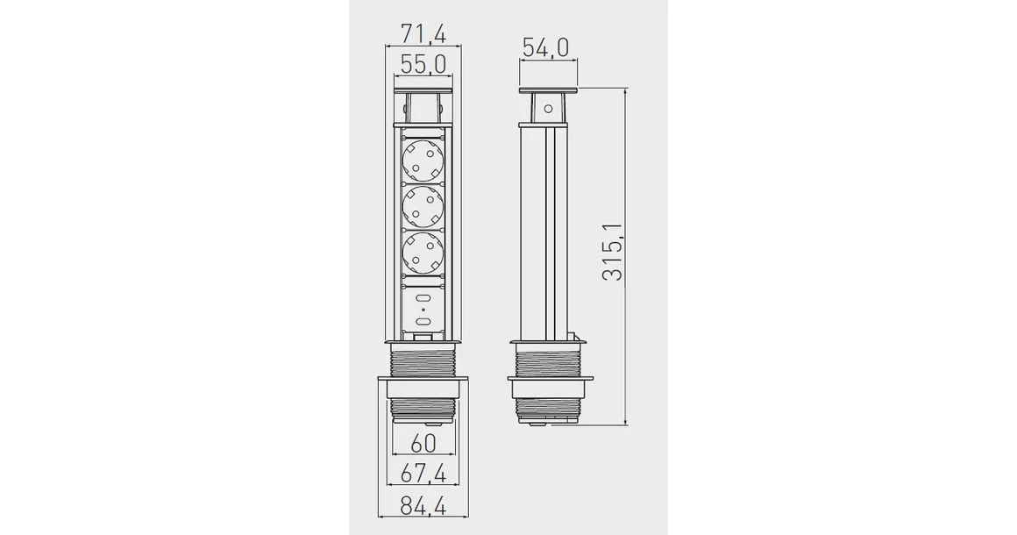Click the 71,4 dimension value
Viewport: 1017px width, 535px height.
(423, 34)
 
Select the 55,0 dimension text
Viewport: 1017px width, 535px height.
(423, 64)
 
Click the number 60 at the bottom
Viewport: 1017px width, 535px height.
(423, 443)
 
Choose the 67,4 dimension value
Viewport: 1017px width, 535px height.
(423, 473)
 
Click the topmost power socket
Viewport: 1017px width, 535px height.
(423, 160)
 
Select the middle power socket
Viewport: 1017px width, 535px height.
(423, 207)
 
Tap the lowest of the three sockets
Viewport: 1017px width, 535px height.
(423, 254)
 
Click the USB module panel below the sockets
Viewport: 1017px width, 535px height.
(423, 310)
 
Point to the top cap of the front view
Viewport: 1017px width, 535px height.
(423, 91)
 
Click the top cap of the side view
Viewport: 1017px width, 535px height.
(549, 90)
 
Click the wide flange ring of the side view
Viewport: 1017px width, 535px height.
(549, 381)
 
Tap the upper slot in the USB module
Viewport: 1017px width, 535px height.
(423, 299)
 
